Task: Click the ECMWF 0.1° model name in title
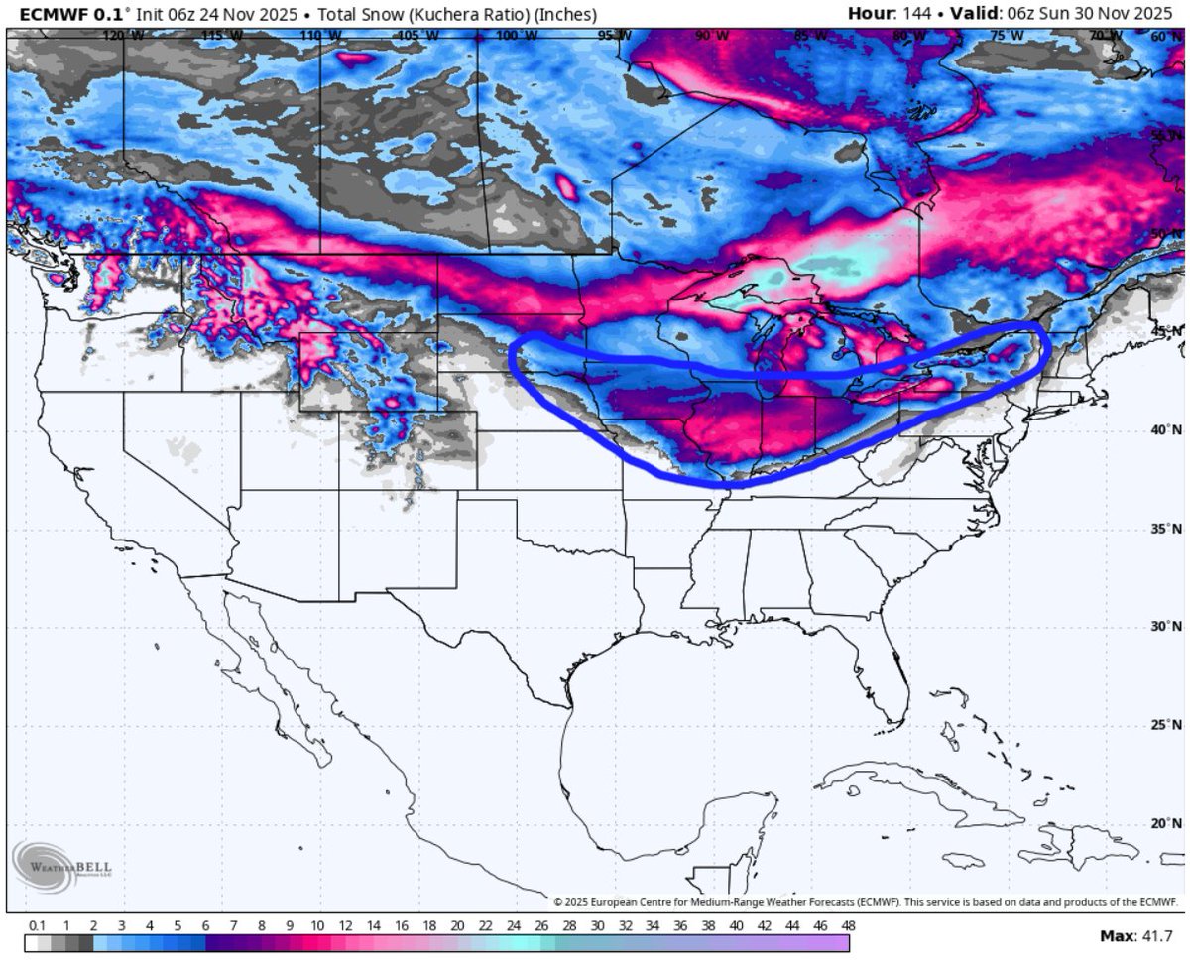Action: point(59,14)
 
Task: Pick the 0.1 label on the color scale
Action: point(38,925)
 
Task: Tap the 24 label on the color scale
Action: point(513,925)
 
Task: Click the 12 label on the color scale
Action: point(345,925)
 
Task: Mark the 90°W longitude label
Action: point(710,36)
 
